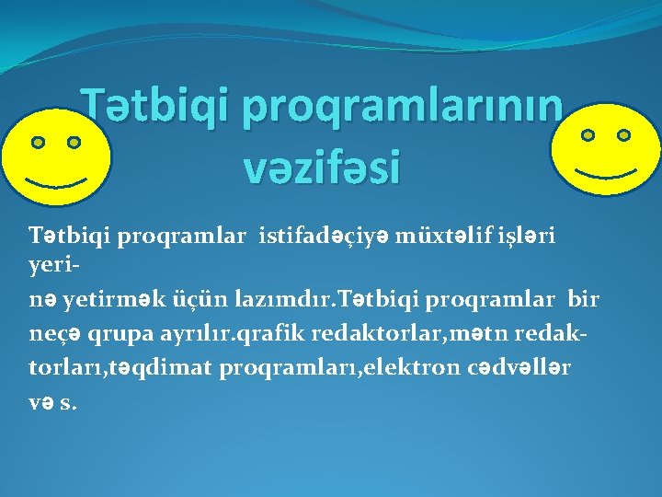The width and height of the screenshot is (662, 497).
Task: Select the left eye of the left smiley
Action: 38,143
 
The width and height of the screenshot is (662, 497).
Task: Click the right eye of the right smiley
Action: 624,135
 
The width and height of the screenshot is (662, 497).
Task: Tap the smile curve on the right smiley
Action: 604,172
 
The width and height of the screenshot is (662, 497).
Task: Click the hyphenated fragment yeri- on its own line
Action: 47,264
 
